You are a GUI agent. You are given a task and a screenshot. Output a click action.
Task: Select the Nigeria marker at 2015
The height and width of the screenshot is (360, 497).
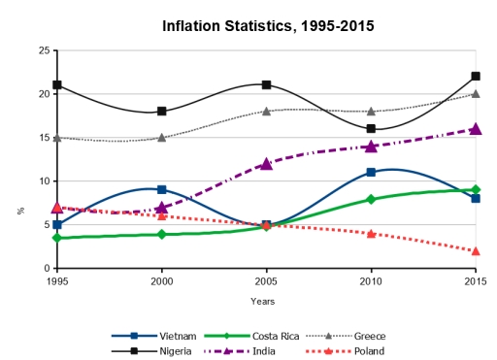pyautogui.click(x=476, y=77)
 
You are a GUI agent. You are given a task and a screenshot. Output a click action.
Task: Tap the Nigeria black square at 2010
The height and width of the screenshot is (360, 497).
pyautogui.click(x=371, y=128)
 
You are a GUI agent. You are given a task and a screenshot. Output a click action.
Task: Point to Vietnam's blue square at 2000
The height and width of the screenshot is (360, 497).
pyautogui.click(x=162, y=189)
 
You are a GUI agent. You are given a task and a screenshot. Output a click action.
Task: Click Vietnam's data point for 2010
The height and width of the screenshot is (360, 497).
pyautogui.click(x=371, y=172)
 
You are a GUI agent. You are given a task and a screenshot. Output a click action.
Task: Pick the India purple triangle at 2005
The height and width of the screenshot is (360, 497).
pyautogui.click(x=266, y=163)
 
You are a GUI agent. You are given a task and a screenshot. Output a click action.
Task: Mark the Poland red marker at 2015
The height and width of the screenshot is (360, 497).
pyautogui.click(x=476, y=250)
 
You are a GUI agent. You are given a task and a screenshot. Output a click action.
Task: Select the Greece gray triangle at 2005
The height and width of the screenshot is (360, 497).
pyautogui.click(x=266, y=112)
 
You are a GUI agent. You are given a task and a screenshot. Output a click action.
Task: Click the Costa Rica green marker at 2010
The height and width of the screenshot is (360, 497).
pyautogui.click(x=371, y=198)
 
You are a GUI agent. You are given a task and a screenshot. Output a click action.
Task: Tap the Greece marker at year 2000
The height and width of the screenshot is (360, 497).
pyautogui.click(x=162, y=137)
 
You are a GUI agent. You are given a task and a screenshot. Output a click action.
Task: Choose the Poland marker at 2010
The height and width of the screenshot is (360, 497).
pyautogui.click(x=371, y=233)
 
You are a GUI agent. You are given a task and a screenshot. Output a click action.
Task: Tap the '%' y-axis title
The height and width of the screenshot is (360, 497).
pyautogui.click(x=19, y=210)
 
